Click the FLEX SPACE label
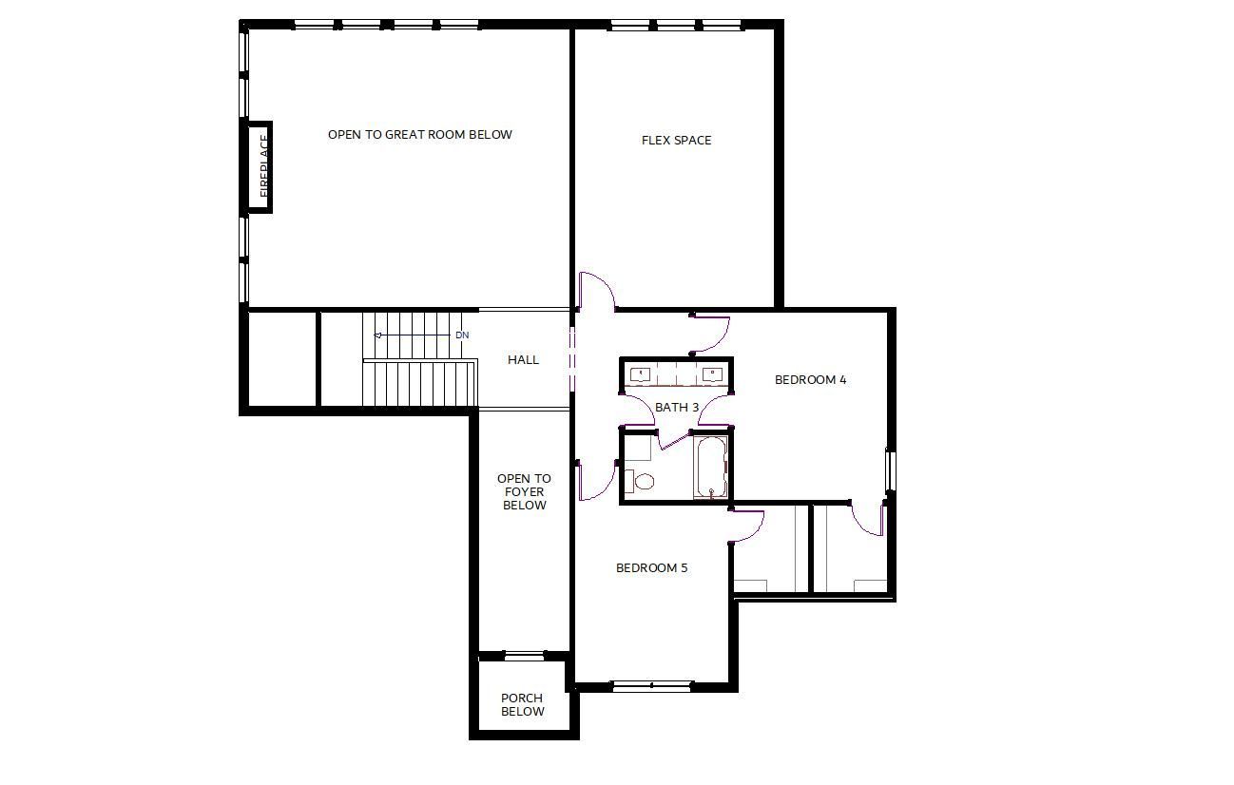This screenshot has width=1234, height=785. click(676, 141)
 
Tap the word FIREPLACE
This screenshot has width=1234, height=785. click(264, 165)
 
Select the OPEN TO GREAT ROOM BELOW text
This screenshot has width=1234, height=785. click(420, 134)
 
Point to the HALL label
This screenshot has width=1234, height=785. click(523, 360)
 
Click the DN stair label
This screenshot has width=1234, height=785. click(462, 335)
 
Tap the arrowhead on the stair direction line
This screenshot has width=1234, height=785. click(377, 335)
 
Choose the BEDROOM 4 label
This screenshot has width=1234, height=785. click(810, 379)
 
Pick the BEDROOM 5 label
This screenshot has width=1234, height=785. click(652, 568)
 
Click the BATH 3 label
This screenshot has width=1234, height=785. click(677, 407)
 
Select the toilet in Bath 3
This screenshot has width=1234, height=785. click(639, 481)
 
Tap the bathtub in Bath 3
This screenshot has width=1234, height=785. click(711, 468)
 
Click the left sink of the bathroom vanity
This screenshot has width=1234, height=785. click(640, 374)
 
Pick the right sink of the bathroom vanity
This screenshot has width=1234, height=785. click(712, 374)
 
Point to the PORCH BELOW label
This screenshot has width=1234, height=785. click(522, 704)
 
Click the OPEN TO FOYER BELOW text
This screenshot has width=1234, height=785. click(524, 492)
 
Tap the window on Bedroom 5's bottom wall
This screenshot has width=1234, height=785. click(652, 686)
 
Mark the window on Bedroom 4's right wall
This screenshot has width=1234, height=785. click(890, 471)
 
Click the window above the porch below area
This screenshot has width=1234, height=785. click(524, 656)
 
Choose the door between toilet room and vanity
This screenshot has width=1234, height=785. click(674, 442)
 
